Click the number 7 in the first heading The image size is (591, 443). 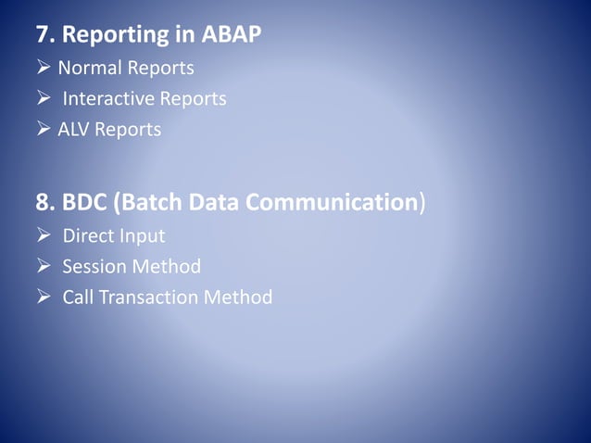(43, 35)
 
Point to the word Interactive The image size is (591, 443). (108, 98)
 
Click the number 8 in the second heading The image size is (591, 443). (43, 203)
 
